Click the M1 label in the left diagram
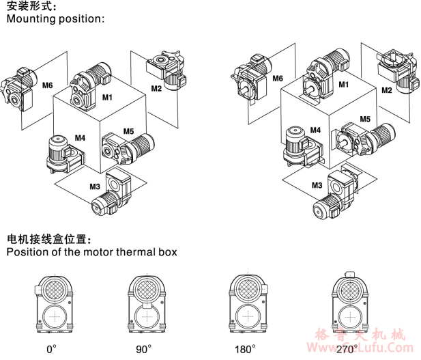pyautogui.click(x=107, y=98)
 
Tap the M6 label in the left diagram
pyautogui.click(x=47, y=85)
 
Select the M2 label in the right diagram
pyautogui.click(x=386, y=89)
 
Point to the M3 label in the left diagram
pyautogui.click(x=94, y=186)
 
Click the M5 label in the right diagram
pyautogui.click(x=365, y=119)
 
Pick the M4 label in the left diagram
pyautogui.click(x=80, y=137)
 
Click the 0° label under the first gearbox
pyautogui.click(x=51, y=349)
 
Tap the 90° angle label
pyautogui.click(x=143, y=349)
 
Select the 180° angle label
pyautogui.click(x=245, y=349)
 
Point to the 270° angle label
pyautogui.click(x=346, y=349)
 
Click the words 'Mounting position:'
pyautogui.click(x=56, y=19)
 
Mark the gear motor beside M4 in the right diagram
pyautogui.click(x=297, y=145)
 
